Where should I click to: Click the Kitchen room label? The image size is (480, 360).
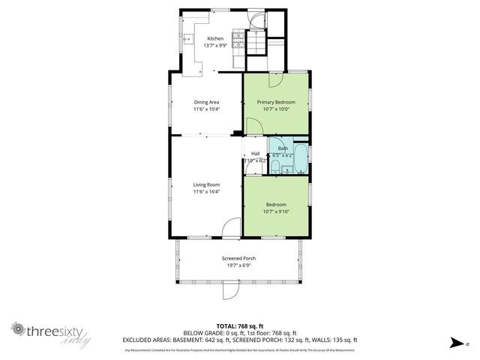[215, 38]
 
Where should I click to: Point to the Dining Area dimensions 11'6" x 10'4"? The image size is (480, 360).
[206, 109]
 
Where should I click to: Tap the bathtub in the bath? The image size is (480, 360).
[301, 158]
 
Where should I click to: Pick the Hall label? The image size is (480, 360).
[255, 154]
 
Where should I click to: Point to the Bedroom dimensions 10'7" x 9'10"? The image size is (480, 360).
[276, 211]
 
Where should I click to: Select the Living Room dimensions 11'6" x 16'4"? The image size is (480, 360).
[206, 192]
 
